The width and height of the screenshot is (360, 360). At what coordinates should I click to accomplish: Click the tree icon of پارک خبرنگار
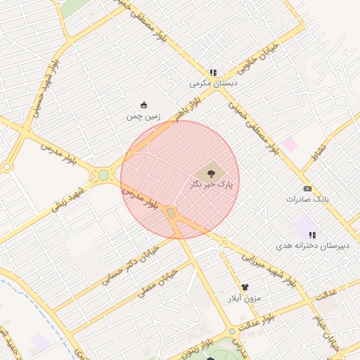(210, 172)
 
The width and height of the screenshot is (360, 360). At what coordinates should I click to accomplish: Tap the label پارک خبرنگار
(210, 184)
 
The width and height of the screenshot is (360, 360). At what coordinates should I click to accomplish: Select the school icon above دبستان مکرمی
(213, 72)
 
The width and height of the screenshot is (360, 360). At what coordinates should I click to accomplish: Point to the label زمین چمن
(143, 117)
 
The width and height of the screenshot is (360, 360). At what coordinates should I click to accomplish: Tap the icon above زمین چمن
(144, 105)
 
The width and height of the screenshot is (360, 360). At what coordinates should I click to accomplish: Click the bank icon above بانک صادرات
(307, 188)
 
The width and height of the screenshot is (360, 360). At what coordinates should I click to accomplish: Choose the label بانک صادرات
(307, 200)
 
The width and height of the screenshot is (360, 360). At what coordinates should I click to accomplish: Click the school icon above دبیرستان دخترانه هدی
(312, 235)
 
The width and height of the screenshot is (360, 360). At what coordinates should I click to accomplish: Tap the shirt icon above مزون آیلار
(245, 287)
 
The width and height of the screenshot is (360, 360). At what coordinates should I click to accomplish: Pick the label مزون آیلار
(243, 298)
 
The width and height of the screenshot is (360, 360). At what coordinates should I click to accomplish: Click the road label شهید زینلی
(65, 200)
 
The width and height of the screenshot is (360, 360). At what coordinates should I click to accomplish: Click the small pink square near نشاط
(290, 143)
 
